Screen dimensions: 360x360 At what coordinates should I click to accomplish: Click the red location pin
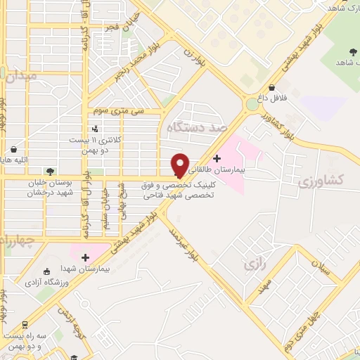pos(181,165)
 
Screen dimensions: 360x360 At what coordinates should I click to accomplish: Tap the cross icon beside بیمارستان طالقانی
pos(217,158)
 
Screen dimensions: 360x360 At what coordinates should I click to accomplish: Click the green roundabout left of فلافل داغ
pos(251,105)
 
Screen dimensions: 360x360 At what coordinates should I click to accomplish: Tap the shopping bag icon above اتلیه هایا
pos(14,150)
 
